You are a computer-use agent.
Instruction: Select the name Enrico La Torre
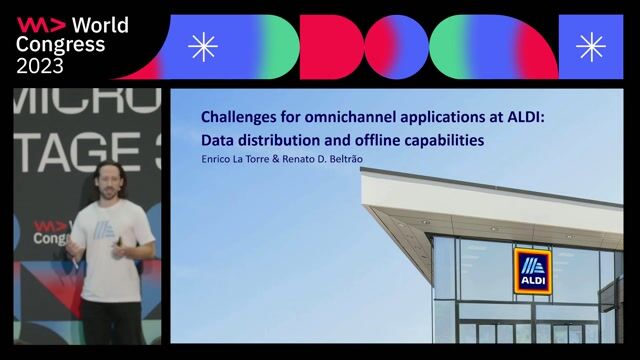point(235,160)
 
